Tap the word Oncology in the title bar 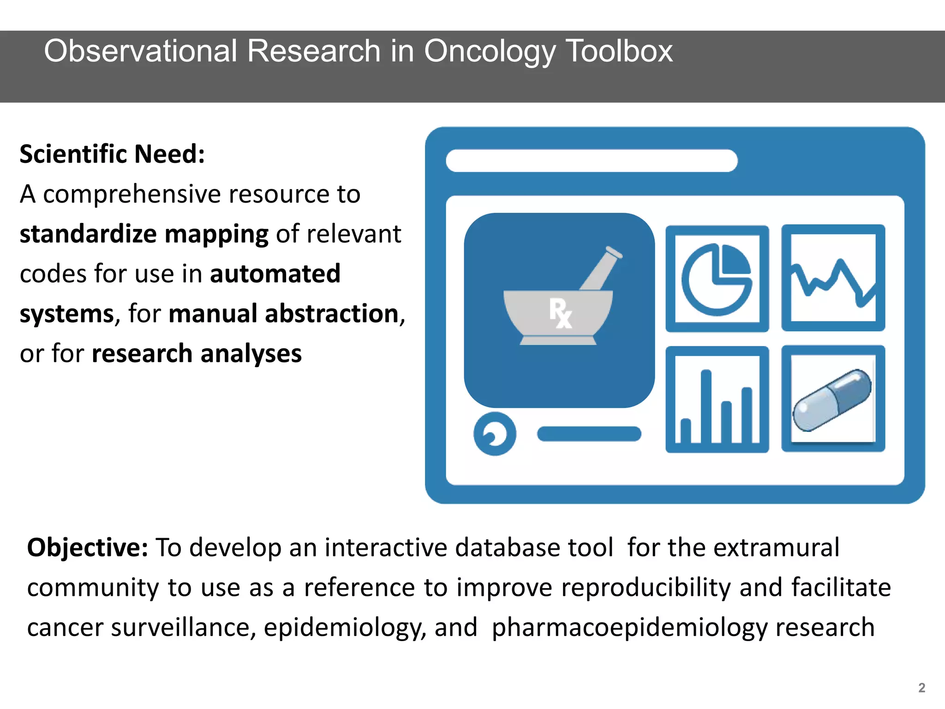coord(490,52)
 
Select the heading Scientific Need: coord(112,154)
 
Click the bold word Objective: coord(88,548)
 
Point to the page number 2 coord(921,688)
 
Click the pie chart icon coord(717,279)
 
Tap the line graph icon coord(833,278)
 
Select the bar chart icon coord(717,400)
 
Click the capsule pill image coord(832,400)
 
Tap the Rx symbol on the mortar coord(560,313)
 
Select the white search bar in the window coord(592,161)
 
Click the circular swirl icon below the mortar coord(495,434)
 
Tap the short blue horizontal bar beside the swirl coord(589,434)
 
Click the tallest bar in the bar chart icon coord(706,406)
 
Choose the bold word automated coord(275,274)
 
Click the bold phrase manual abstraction coord(284,314)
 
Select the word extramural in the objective coord(776,548)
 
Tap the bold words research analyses coord(197,354)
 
